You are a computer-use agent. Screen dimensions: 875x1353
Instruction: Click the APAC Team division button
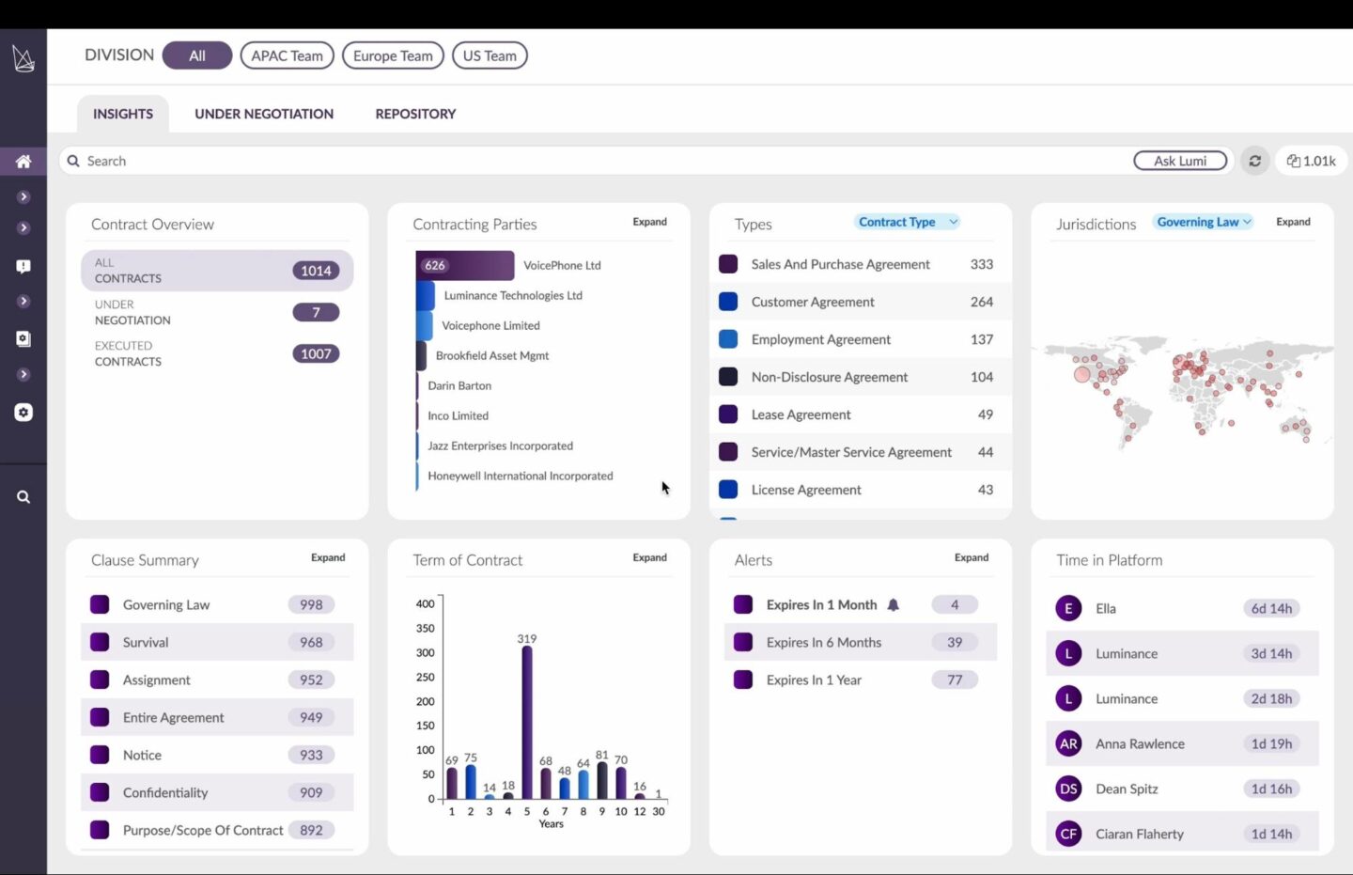tap(287, 55)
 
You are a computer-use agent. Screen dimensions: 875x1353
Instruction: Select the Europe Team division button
tap(393, 55)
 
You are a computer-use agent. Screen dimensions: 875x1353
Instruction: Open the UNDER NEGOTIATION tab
tap(264, 114)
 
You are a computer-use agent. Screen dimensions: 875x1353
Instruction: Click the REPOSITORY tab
tap(415, 114)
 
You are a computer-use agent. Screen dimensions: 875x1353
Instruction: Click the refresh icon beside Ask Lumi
tap(1254, 161)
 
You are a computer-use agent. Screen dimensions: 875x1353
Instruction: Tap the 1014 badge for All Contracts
tap(316, 271)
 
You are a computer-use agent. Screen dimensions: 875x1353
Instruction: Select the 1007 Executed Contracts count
tap(316, 353)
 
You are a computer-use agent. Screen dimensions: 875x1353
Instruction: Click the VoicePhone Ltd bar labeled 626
tap(465, 266)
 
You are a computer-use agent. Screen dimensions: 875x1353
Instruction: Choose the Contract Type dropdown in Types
tap(907, 222)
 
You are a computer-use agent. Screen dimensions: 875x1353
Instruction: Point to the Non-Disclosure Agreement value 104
tap(981, 377)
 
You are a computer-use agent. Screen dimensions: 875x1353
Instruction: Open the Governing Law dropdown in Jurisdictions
tap(1204, 222)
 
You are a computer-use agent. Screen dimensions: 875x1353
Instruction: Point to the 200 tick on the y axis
tap(426, 701)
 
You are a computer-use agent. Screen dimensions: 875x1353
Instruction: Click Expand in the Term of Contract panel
tap(649, 557)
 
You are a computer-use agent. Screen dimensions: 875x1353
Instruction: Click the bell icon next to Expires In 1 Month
tap(894, 605)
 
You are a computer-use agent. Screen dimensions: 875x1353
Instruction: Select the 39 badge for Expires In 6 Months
tap(955, 643)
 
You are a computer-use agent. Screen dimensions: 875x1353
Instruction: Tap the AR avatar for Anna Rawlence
tap(1068, 743)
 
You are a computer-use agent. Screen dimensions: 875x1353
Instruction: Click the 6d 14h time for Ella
tap(1271, 608)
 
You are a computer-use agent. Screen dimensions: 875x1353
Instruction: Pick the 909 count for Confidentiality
tap(311, 792)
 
